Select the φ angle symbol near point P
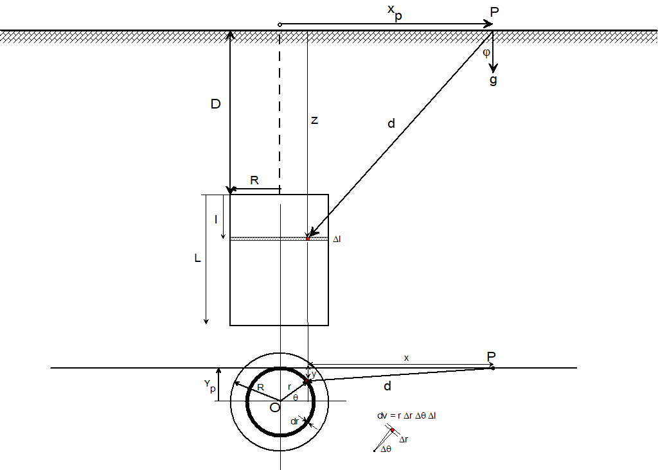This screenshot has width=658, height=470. pyautogui.click(x=486, y=53)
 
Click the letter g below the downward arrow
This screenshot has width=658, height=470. pyautogui.click(x=493, y=80)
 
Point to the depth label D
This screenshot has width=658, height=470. pyautogui.click(x=215, y=105)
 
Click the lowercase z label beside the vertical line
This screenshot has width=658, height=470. pyautogui.click(x=314, y=120)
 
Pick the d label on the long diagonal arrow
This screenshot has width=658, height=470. pyautogui.click(x=391, y=124)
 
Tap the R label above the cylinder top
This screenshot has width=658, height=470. pyautogui.click(x=254, y=181)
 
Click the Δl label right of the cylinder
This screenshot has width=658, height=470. pyautogui.click(x=336, y=239)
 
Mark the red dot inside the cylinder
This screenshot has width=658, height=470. pyautogui.click(x=308, y=238)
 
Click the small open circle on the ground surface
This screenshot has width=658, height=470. pyautogui.click(x=280, y=24)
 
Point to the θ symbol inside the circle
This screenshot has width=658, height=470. pyautogui.click(x=295, y=397)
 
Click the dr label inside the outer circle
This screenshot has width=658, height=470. pyautogui.click(x=295, y=421)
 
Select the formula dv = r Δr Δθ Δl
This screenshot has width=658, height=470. pyautogui.click(x=407, y=415)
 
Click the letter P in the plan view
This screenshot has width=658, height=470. pyautogui.click(x=492, y=356)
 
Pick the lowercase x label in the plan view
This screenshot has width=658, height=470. pyautogui.click(x=406, y=358)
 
